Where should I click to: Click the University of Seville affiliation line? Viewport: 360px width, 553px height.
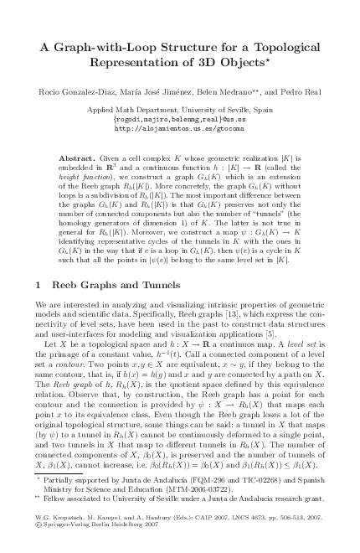[181, 110]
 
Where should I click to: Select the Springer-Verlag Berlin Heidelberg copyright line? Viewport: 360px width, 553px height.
[101, 541]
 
